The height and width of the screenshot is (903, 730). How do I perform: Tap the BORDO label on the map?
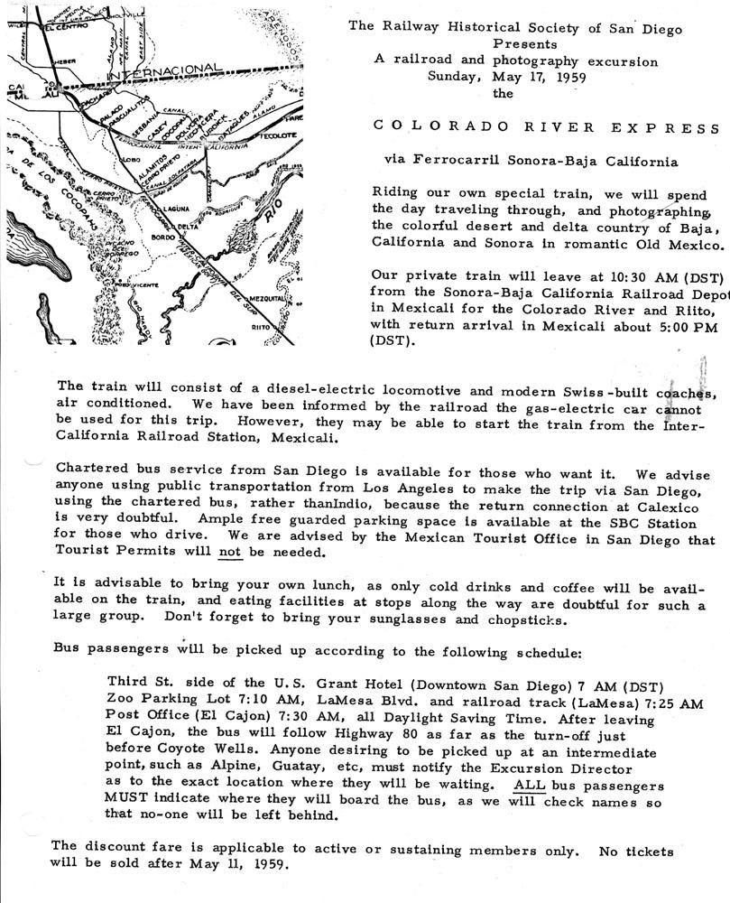[x=164, y=237]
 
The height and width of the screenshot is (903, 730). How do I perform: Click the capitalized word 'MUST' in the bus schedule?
[x=125, y=801]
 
